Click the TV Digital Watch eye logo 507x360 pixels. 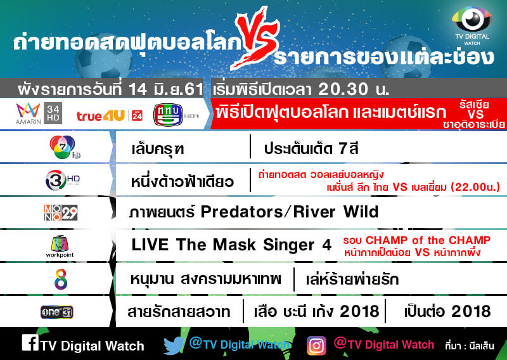(x=472, y=20)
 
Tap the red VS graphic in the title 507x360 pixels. (x=255, y=38)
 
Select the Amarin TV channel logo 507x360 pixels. (x=29, y=114)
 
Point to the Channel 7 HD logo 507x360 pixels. (x=64, y=147)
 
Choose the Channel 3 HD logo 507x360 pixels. (x=62, y=180)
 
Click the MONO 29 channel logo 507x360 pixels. (x=61, y=212)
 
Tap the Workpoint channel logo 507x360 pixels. (x=60, y=247)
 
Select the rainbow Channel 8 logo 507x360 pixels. (x=61, y=279)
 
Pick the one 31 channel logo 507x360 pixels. (x=57, y=312)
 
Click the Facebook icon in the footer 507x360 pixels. (x=30, y=342)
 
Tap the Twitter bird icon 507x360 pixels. (x=174, y=346)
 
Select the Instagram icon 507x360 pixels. (x=316, y=346)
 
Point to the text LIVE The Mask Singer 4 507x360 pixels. (x=231, y=245)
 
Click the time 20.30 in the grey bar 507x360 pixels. (x=343, y=89)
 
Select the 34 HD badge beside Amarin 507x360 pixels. (x=53, y=113)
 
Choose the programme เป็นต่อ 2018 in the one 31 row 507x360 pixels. (x=447, y=311)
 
